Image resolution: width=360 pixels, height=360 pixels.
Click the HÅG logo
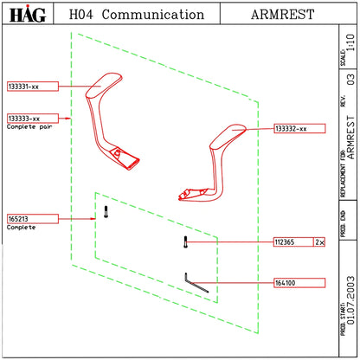coord(28,14)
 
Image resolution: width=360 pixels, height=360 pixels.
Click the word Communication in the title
coord(153,15)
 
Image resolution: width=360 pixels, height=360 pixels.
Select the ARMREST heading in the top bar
coord(282,15)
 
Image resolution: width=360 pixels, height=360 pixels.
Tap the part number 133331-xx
coord(23,87)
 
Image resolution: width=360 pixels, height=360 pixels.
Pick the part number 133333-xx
coord(24,119)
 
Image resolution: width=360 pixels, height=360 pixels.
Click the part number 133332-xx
coord(291,129)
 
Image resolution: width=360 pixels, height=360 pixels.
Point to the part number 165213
coord(18,219)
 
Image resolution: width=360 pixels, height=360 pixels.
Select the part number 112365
coord(285,242)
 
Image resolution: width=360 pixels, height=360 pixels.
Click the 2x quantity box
coord(319,242)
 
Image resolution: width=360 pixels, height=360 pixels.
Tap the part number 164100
coord(285,283)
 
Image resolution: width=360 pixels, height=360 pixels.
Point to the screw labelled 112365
coord(185,242)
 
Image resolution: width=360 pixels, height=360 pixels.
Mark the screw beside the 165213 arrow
coord(106,212)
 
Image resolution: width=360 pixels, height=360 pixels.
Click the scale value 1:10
coord(350,42)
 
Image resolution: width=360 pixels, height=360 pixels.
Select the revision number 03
coord(350,80)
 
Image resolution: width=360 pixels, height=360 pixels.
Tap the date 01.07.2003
coord(350,300)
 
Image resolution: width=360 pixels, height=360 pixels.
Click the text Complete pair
coord(29,126)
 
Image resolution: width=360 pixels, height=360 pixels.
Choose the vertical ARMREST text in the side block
coord(350,138)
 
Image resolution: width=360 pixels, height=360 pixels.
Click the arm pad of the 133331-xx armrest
coord(104,86)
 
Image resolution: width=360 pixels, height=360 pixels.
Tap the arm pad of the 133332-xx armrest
coord(228,136)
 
